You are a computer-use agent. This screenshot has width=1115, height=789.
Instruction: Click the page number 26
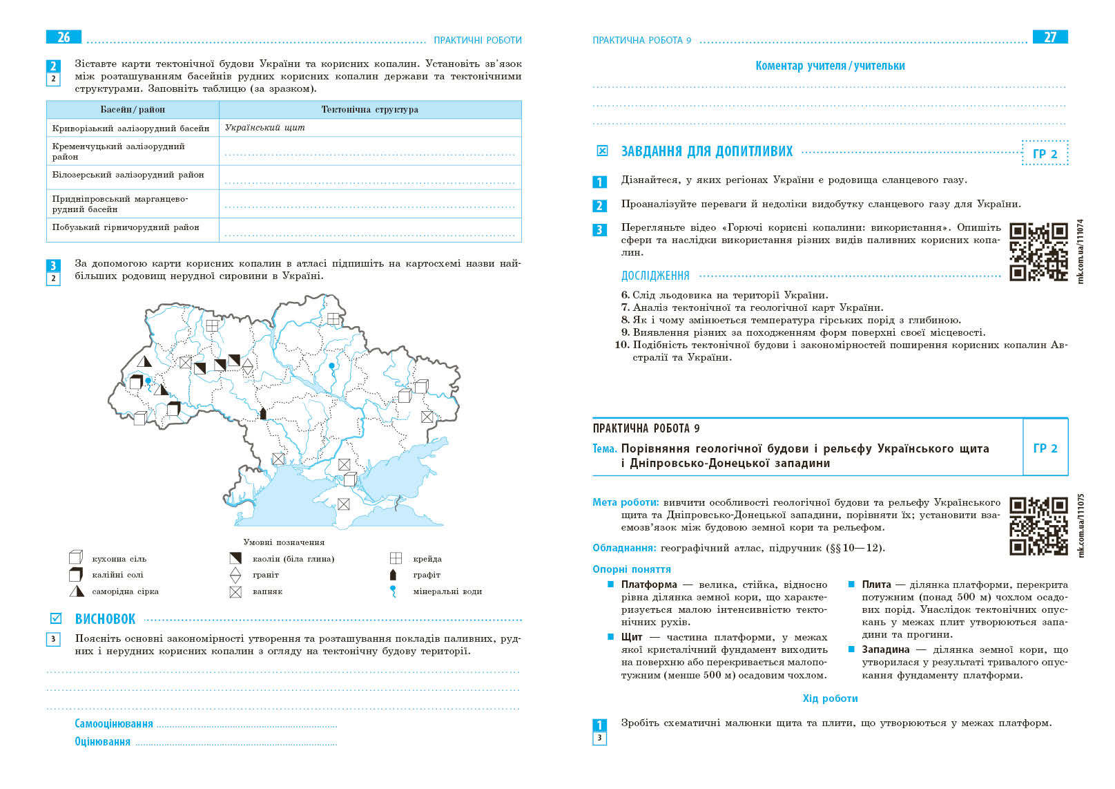(64, 37)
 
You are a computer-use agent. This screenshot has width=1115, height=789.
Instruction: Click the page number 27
(1049, 37)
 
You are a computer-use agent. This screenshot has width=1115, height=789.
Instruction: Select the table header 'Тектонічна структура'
(369, 110)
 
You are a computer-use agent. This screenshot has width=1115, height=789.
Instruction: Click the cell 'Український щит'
(264, 128)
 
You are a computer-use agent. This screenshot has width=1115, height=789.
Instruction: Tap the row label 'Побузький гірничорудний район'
(126, 227)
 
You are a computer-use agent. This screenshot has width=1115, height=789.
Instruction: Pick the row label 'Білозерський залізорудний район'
(128, 175)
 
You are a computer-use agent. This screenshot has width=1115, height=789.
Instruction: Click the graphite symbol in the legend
(394, 575)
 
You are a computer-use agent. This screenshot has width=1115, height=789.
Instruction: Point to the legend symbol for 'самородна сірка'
(76, 591)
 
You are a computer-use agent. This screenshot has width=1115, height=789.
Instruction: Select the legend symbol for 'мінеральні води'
(394, 591)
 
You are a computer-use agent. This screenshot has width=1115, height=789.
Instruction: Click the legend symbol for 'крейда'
(396, 558)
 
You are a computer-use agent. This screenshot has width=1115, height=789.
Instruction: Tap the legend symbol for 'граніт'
(235, 575)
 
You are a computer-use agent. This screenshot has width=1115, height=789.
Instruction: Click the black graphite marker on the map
(262, 413)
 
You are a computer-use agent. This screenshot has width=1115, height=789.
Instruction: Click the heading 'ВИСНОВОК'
(105, 619)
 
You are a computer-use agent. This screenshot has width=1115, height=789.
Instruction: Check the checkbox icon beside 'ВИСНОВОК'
(56, 618)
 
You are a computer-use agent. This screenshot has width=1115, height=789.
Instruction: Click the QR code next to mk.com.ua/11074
(1038, 251)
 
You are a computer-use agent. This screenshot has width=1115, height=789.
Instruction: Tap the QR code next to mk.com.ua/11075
(1038, 526)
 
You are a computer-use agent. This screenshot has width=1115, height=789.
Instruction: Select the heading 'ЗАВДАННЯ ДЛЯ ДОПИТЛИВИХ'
(706, 151)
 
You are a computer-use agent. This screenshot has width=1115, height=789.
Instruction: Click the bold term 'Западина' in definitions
(885, 649)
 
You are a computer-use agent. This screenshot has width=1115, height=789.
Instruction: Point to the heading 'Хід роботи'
(830, 698)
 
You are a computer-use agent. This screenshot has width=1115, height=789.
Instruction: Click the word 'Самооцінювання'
(114, 724)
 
